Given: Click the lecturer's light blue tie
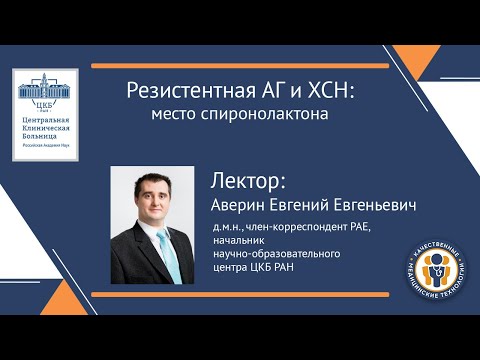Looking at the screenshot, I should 171,255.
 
